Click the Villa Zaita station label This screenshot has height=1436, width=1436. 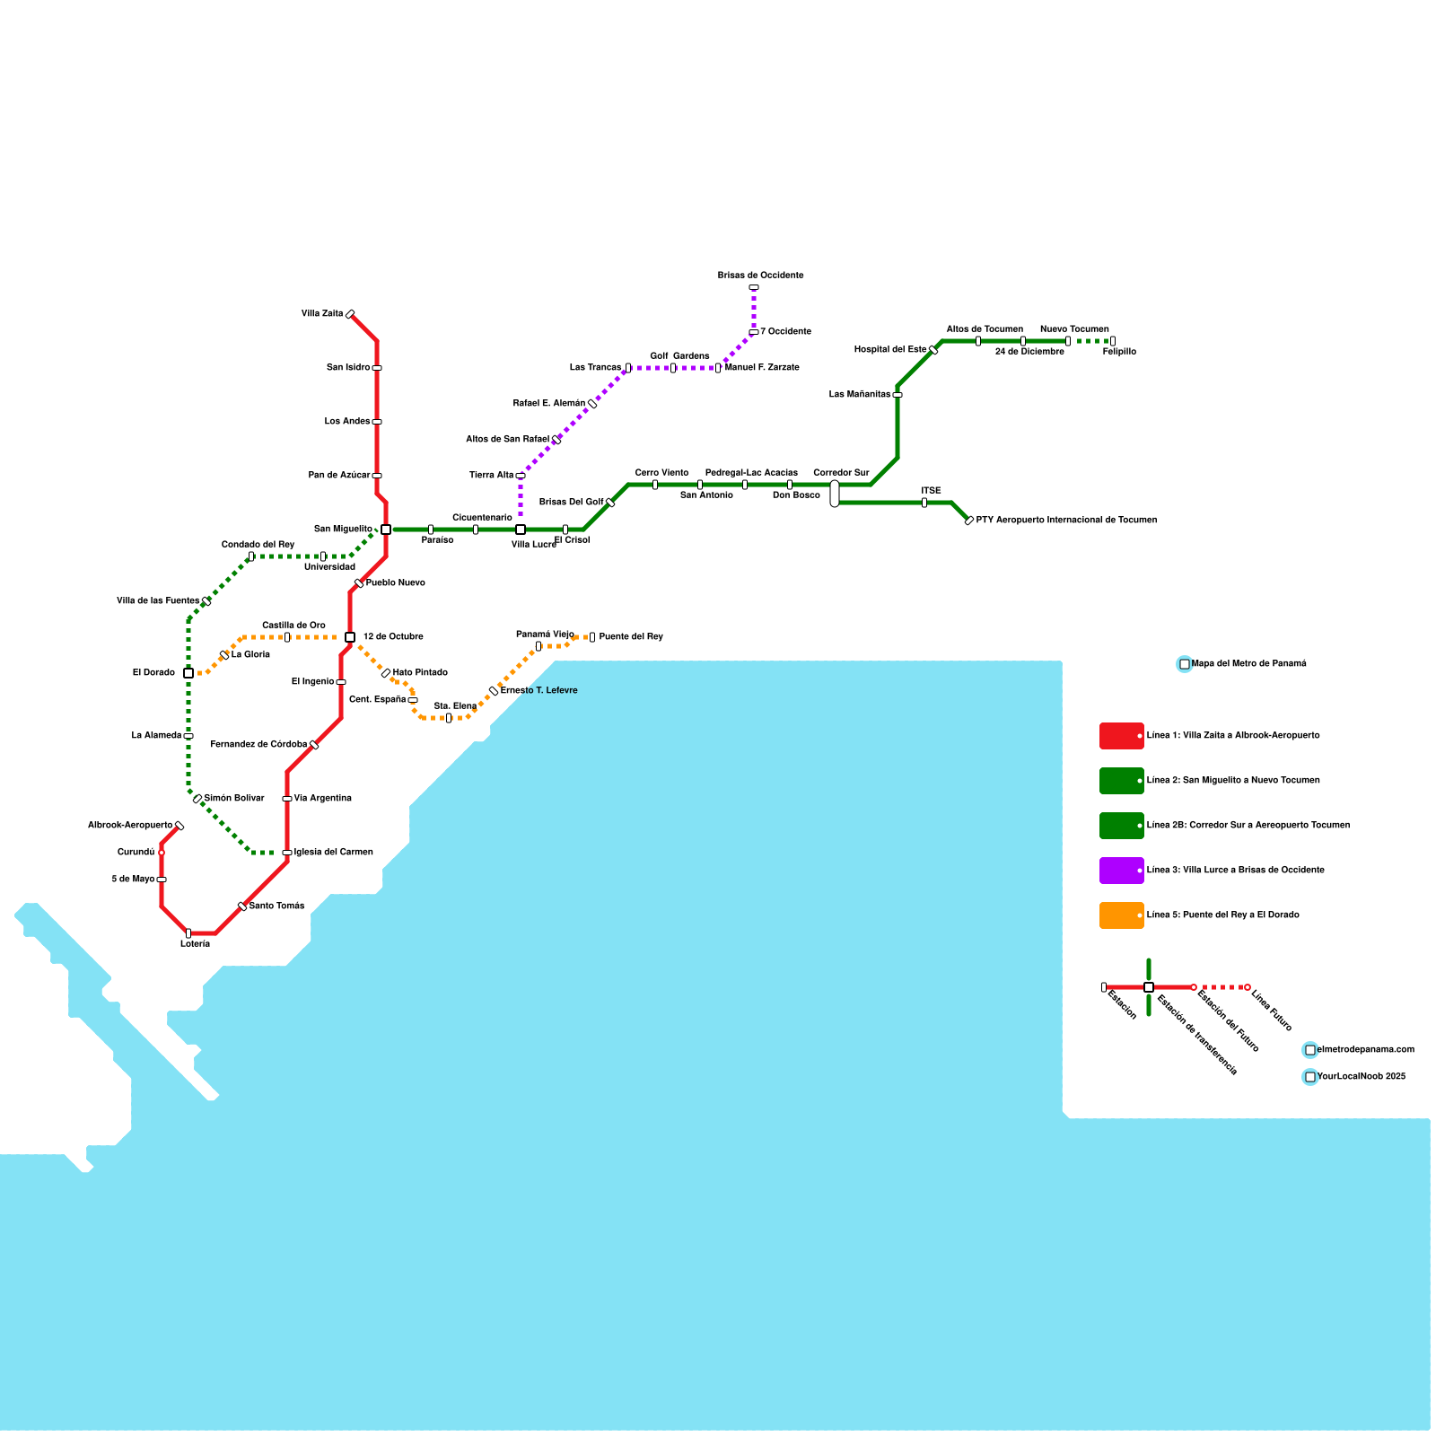click(x=322, y=314)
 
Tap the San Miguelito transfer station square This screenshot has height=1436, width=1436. click(x=386, y=530)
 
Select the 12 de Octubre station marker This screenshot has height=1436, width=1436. click(x=350, y=637)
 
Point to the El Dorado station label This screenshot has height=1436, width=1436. click(x=153, y=673)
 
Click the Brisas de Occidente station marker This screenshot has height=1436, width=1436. click(x=754, y=287)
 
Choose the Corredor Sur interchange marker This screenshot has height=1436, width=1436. click(x=835, y=494)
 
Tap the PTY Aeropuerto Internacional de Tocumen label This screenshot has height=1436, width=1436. click(x=1066, y=521)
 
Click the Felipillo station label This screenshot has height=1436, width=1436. click(x=1119, y=352)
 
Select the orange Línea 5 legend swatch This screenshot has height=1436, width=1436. click(x=1121, y=915)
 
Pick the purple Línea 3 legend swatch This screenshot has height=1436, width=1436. click(x=1121, y=871)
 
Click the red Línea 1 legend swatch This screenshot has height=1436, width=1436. click(x=1121, y=736)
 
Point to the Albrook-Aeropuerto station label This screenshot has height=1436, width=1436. click(x=130, y=826)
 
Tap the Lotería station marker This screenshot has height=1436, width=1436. click(x=188, y=933)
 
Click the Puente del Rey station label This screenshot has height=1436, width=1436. click(x=631, y=637)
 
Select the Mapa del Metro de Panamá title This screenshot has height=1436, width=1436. click(x=1248, y=664)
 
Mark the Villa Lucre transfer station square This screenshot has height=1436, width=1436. click(x=521, y=530)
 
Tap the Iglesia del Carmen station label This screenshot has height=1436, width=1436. click(x=333, y=853)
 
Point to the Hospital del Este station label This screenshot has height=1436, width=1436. click(x=890, y=350)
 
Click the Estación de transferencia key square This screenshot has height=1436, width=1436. click(x=1149, y=987)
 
